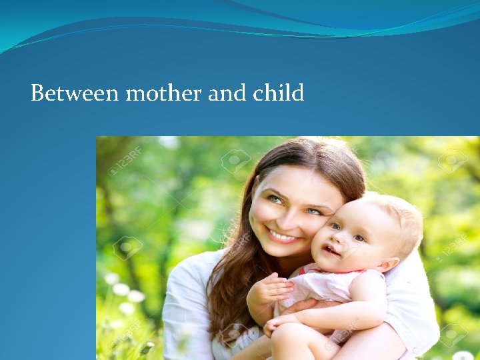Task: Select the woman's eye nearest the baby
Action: point(313,211)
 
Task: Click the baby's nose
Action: point(339,239)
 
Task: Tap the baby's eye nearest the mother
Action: point(335,227)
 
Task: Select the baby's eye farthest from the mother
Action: point(359,237)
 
